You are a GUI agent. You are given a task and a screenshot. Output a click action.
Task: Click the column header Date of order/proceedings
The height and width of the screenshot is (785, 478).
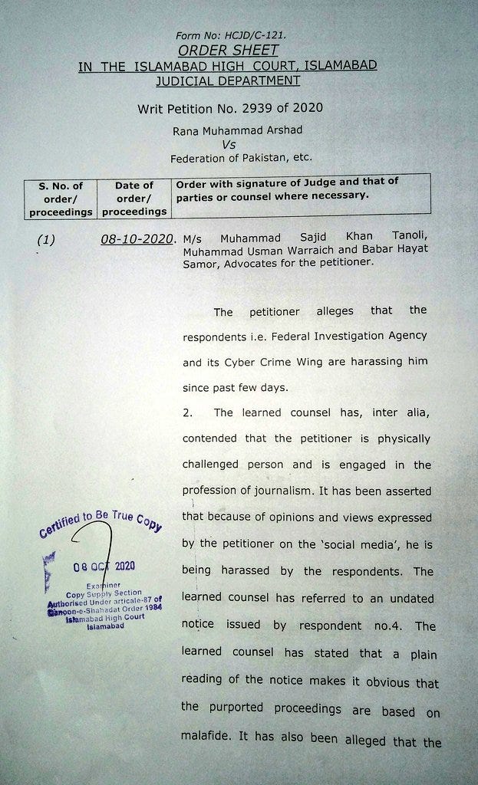134,198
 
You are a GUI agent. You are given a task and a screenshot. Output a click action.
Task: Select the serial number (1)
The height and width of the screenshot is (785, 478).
46,240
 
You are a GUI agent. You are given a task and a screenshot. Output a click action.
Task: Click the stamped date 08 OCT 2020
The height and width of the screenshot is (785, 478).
104,567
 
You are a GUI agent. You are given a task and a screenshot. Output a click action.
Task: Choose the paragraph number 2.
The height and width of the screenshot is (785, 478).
186,412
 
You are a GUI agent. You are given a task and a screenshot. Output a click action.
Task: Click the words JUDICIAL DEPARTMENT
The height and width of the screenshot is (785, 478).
227,80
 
